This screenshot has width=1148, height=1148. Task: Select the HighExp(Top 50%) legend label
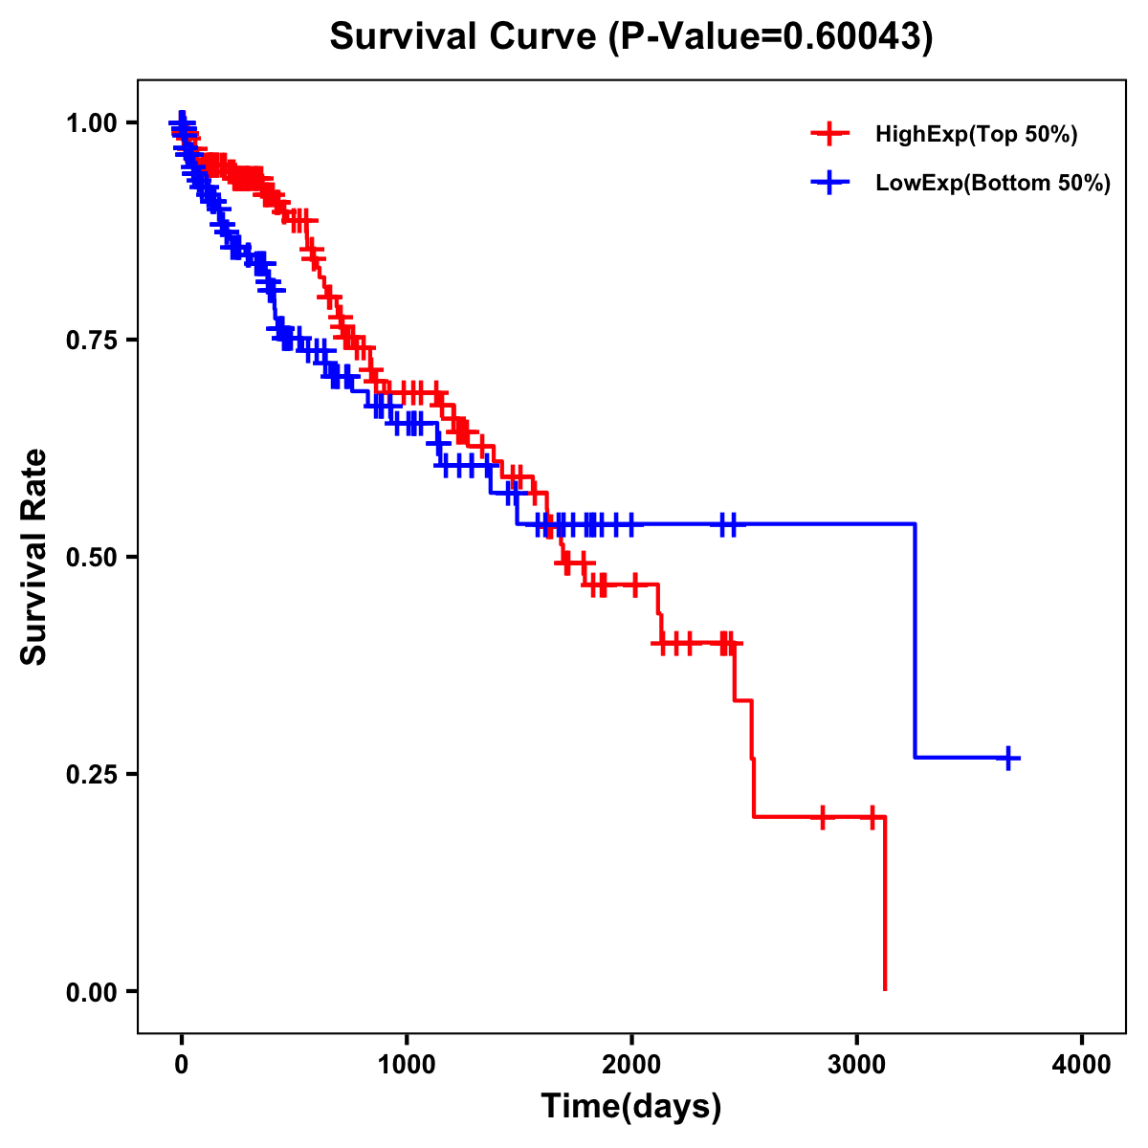[x=977, y=135]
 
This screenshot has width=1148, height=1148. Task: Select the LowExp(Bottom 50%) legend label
[x=993, y=183]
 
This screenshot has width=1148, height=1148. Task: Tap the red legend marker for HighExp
[x=829, y=135]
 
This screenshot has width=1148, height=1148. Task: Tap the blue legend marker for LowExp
[x=829, y=183]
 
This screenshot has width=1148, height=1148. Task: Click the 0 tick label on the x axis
[x=182, y=1064]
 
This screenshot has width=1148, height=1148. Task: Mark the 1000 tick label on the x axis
[x=407, y=1064]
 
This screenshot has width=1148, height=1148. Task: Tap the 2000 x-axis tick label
[x=631, y=1064]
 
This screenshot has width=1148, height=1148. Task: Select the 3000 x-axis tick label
[x=857, y=1064]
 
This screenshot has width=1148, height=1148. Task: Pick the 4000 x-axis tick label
[x=1082, y=1064]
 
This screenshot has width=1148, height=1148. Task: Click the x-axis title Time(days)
[x=631, y=1107]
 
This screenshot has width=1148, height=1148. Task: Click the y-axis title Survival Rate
[x=34, y=557]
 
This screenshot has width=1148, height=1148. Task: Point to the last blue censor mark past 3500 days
[x=1007, y=758]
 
